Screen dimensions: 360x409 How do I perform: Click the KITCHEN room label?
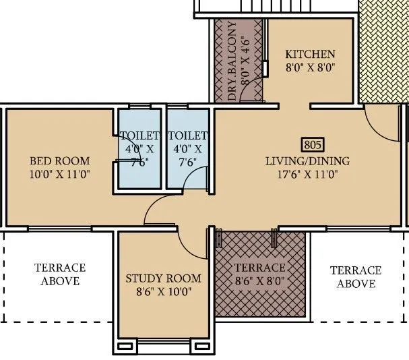309,54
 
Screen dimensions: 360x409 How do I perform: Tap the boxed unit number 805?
311,144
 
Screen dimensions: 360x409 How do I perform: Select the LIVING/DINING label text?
307,161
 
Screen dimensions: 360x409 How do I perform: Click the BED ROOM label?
59,161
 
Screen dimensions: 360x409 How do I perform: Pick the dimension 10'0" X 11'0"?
59,174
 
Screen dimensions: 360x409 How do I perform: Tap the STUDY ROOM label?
164,278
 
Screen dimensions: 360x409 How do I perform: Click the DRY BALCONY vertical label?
232,61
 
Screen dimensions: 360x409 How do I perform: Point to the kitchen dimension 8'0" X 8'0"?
309,67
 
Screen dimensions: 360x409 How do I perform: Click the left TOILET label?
139,136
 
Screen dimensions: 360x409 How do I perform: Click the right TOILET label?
187,136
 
